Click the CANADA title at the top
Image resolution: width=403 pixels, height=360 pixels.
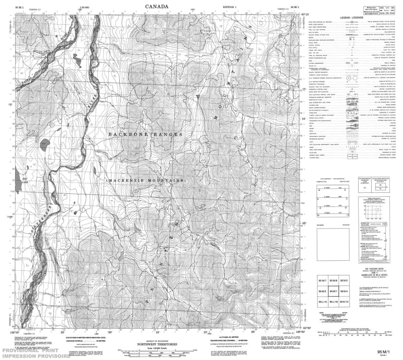point(157,7)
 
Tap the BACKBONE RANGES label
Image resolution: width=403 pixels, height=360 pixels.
point(145,134)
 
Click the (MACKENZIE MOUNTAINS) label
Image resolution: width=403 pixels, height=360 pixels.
point(146,180)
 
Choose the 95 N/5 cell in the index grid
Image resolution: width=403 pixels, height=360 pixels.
point(345,280)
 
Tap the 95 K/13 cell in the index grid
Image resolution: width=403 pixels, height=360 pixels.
point(345,301)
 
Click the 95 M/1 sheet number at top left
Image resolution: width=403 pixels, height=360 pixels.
point(20,7)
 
